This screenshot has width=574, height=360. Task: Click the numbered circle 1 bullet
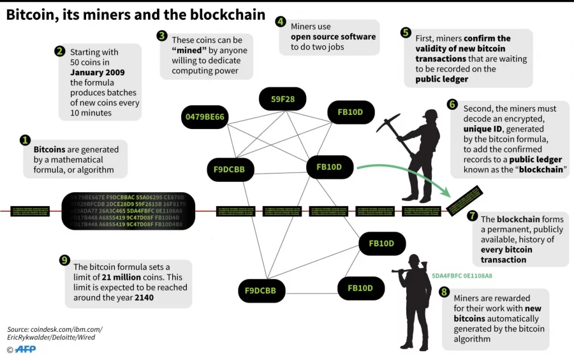[26, 140]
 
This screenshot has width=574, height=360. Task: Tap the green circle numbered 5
[406, 33]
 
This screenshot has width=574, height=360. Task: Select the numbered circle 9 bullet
[64, 260]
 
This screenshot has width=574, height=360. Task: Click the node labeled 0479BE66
[205, 117]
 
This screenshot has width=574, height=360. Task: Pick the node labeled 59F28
[282, 99]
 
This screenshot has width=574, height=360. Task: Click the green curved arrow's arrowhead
[448, 194]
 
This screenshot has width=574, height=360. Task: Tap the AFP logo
[25, 349]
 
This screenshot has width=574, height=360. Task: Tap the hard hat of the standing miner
[430, 114]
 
